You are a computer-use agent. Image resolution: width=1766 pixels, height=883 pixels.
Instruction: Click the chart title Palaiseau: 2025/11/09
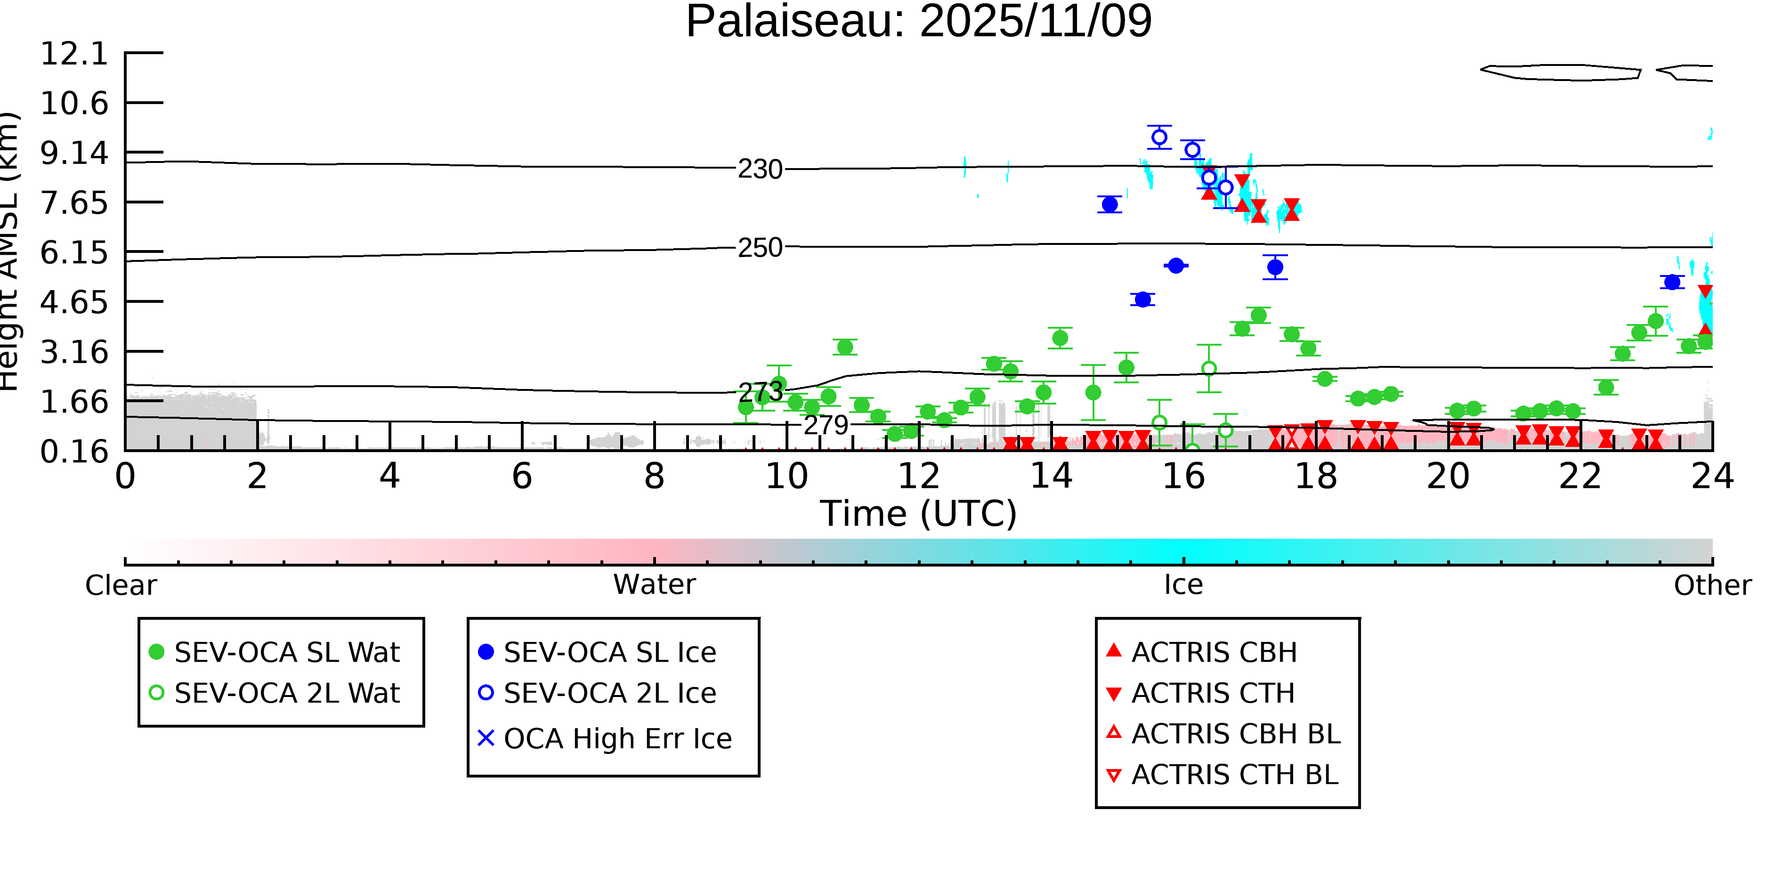click(x=919, y=22)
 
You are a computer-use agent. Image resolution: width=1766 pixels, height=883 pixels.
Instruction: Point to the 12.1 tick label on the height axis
click(x=74, y=54)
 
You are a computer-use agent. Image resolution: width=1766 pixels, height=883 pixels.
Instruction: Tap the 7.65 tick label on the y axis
click(x=74, y=203)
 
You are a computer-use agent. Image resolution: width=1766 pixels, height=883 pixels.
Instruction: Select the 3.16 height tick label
click(x=74, y=352)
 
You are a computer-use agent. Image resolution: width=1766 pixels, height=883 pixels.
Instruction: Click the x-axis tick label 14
click(x=1051, y=476)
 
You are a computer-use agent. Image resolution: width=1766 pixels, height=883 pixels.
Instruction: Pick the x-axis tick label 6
click(x=522, y=476)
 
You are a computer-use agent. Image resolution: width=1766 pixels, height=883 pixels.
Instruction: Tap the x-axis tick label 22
click(x=1580, y=476)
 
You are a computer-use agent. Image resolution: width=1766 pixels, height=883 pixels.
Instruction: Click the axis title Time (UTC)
click(x=919, y=513)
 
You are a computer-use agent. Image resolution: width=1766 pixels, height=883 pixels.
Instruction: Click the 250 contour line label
click(x=760, y=248)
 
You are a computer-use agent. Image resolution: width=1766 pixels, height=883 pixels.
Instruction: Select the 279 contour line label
click(x=826, y=426)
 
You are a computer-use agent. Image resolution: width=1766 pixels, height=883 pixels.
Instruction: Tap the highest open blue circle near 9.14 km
click(x=1159, y=137)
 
